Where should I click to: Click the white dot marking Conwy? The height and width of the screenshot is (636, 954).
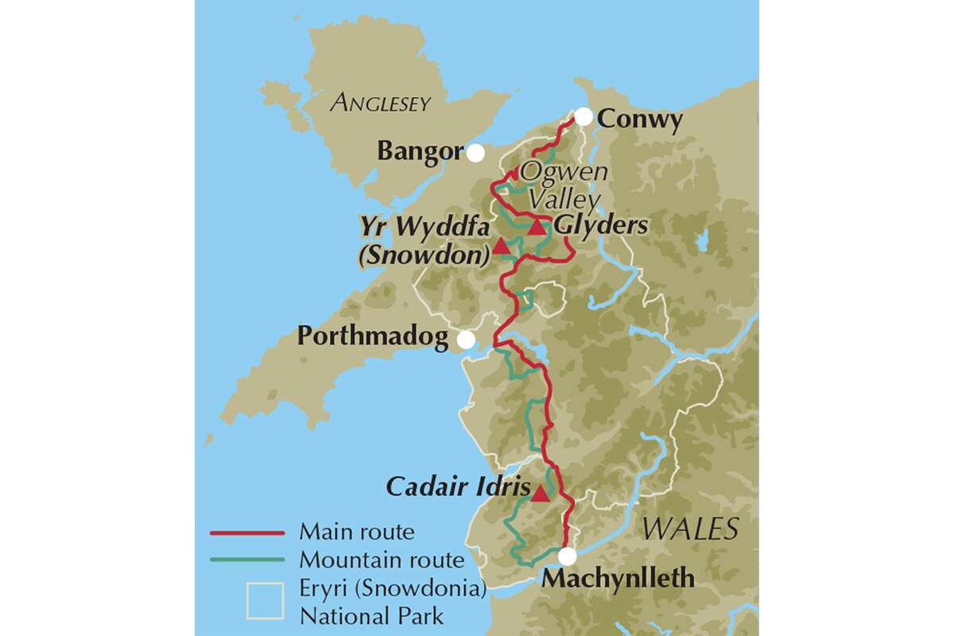(584, 117)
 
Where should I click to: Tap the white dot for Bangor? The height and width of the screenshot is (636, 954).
(475, 153)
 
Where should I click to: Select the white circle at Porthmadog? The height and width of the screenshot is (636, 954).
(467, 339)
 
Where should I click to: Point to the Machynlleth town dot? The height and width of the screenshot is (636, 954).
(566, 556)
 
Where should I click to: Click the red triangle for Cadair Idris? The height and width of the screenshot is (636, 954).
(540, 494)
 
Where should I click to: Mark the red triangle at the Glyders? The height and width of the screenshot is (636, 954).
(537, 227)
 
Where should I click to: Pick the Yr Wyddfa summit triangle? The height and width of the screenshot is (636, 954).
(502, 246)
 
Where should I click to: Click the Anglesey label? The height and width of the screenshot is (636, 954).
(381, 103)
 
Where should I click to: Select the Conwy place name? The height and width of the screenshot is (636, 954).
(639, 120)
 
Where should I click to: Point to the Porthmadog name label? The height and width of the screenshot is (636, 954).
(372, 337)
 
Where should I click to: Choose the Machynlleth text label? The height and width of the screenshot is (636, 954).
(618, 579)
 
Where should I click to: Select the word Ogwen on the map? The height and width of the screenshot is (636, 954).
(564, 172)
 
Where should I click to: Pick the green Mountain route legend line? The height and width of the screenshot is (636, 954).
(246, 560)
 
